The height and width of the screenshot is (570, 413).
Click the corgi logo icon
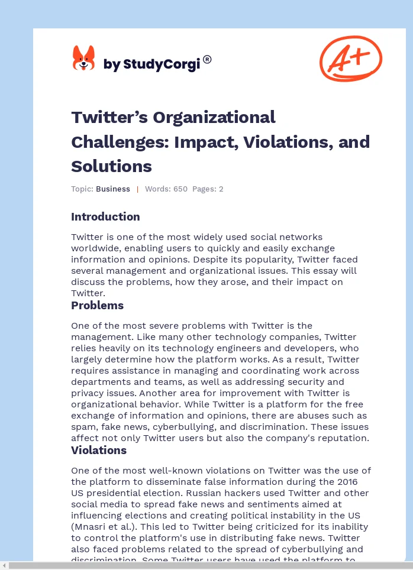pos(83,59)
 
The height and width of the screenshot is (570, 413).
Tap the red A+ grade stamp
pos(351,58)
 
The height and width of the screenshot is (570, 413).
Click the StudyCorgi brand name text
pos(151,64)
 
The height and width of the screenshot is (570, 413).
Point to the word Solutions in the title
pos(111,166)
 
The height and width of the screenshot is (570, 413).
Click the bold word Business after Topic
pos(113,189)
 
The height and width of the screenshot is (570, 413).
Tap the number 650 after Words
pos(180,189)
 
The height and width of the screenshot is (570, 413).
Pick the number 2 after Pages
pos(221,189)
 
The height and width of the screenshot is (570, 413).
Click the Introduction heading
pos(105,216)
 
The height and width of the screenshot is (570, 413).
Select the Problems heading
pos(97,305)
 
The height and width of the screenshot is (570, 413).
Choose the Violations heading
pos(99,450)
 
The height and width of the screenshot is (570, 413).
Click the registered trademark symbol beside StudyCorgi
pos(207,59)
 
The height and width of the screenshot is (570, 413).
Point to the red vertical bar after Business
pos(137,189)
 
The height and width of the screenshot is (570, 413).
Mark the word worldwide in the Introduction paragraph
pos(92,248)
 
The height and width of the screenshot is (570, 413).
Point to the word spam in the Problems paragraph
pos(83,427)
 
